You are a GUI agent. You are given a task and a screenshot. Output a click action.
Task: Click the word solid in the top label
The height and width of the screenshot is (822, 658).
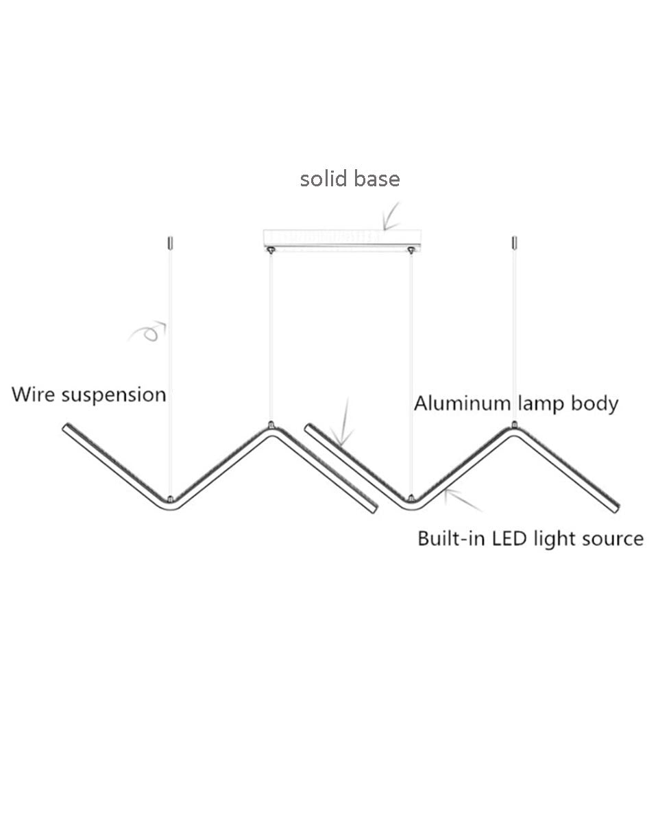pos(322,179)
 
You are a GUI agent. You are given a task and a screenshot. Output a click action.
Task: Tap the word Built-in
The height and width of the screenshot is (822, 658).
pos(450,538)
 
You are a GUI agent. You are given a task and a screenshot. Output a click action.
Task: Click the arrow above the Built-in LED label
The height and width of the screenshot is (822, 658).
pos(462,499)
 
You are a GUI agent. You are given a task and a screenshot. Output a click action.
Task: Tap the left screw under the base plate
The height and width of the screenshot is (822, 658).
pos(272,250)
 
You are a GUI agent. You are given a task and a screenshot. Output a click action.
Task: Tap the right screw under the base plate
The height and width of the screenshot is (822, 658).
pos(411,250)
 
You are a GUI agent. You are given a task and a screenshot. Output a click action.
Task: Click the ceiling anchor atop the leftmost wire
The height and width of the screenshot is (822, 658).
pos(170,242)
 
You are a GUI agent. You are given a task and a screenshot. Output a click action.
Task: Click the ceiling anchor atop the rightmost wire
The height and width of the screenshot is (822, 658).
pos(513,242)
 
